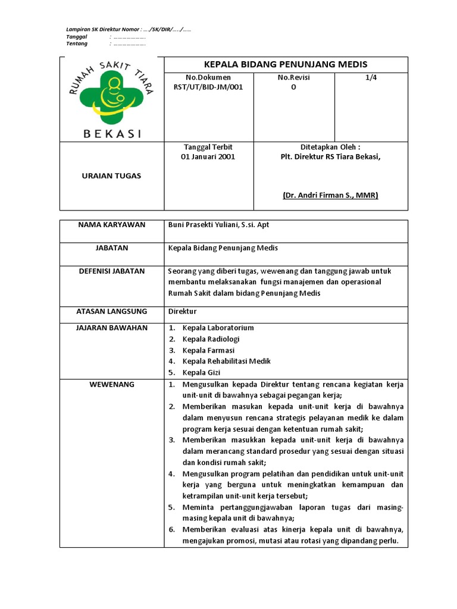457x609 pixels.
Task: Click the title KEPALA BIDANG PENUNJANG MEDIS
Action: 286,64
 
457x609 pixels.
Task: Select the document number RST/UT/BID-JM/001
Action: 208,87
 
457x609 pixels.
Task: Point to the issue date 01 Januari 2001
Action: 208,157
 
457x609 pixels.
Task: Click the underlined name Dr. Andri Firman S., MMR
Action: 331,195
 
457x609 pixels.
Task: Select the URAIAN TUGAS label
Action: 112,175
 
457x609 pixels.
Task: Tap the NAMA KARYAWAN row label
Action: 112,225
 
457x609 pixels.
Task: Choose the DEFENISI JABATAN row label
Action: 112,271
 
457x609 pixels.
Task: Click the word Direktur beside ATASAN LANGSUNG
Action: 181,311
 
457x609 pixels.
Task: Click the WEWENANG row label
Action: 112,384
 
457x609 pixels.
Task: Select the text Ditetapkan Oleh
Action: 330,146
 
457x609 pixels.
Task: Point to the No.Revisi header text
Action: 293,77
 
